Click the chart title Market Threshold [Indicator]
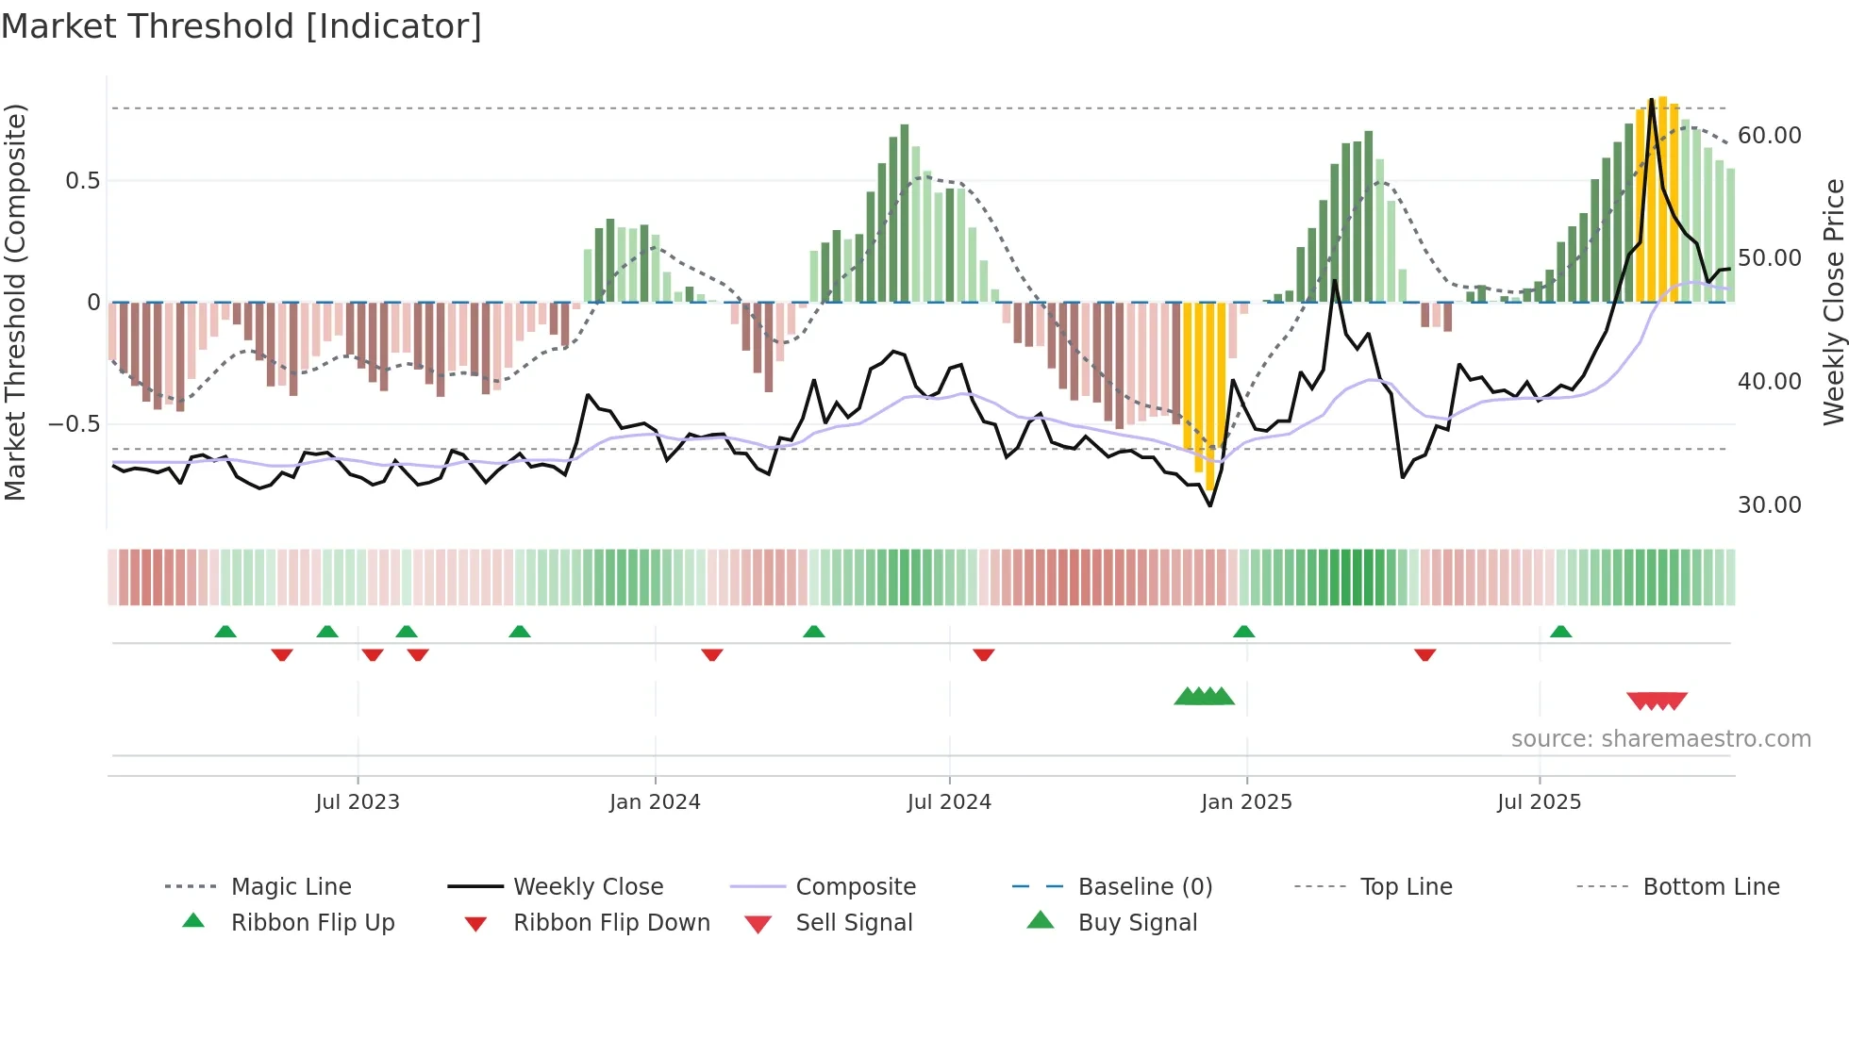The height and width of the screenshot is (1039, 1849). pyautogui.click(x=242, y=26)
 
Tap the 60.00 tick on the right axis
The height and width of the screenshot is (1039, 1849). pyautogui.click(x=1769, y=135)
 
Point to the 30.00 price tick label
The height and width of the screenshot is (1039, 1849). pyautogui.click(x=1769, y=504)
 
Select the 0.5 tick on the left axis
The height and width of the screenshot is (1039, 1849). pyautogui.click(x=82, y=180)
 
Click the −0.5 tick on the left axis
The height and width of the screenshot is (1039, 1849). pyautogui.click(x=75, y=423)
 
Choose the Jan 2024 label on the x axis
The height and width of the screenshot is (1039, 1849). pyautogui.click(x=655, y=801)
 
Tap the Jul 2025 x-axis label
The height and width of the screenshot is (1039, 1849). pyautogui.click(x=1539, y=801)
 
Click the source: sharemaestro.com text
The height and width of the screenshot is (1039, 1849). pyautogui.click(x=1660, y=738)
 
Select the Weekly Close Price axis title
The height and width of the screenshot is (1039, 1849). pyautogui.click(x=1833, y=302)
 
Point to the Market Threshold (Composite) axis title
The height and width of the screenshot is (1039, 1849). pyautogui.click(x=15, y=302)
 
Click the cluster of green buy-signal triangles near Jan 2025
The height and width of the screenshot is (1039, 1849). pyautogui.click(x=1204, y=697)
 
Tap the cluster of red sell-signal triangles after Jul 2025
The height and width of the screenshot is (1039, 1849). pyautogui.click(x=1657, y=701)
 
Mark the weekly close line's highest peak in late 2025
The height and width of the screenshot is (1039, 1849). pyautogui.click(x=1651, y=100)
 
